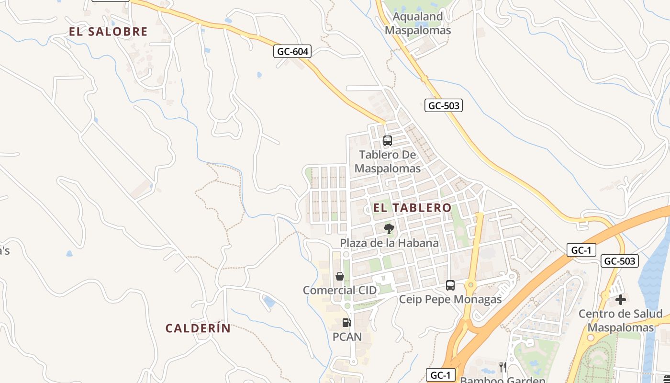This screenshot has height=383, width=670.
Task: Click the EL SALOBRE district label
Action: (x=108, y=32)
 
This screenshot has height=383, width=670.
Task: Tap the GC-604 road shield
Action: (x=292, y=51)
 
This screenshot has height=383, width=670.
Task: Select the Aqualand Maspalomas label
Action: (x=418, y=23)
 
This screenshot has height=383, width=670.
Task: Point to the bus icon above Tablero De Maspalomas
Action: (x=388, y=141)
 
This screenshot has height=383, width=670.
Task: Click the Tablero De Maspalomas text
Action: (x=388, y=161)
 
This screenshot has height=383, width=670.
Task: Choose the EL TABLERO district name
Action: (x=412, y=208)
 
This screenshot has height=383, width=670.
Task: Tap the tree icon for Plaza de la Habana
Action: (x=389, y=229)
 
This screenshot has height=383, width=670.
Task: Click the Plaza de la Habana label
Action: (x=389, y=243)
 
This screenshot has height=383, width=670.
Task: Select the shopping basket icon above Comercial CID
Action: (x=340, y=276)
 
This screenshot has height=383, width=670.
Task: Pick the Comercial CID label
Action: (x=340, y=290)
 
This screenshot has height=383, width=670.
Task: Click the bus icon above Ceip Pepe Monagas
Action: (x=450, y=285)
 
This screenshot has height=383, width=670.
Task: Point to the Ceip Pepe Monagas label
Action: (x=450, y=300)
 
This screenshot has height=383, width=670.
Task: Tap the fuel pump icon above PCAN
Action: (x=347, y=323)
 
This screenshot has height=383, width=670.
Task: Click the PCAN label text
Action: (x=347, y=337)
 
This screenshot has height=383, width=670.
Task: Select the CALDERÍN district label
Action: (x=198, y=328)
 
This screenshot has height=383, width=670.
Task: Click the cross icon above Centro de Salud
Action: (x=620, y=300)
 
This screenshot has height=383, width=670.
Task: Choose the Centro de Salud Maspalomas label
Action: (x=620, y=321)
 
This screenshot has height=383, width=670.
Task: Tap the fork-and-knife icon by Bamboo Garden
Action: (x=502, y=367)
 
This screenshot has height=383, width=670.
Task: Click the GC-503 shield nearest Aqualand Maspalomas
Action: (x=443, y=106)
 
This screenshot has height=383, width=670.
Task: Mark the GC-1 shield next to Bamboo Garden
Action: (x=440, y=375)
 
